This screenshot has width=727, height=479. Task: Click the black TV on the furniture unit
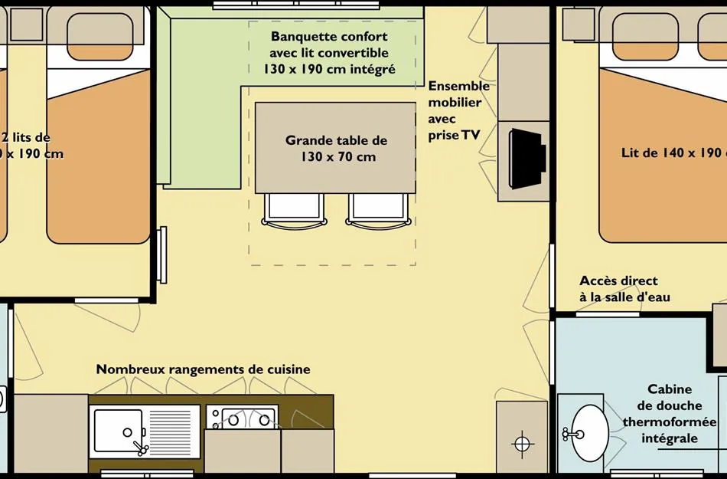(x=527, y=157)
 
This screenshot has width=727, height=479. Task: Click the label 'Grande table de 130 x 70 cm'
(x=336, y=149)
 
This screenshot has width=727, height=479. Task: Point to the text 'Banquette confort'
(x=329, y=37)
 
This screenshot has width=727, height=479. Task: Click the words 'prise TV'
(x=455, y=135)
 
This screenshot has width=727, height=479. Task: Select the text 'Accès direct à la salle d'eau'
(x=624, y=289)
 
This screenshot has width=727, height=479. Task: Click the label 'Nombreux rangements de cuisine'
(x=203, y=369)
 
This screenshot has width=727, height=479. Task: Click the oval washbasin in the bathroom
(x=590, y=433)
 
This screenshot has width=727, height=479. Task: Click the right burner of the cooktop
(x=265, y=419)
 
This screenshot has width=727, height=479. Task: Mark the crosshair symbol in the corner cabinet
(x=522, y=443)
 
